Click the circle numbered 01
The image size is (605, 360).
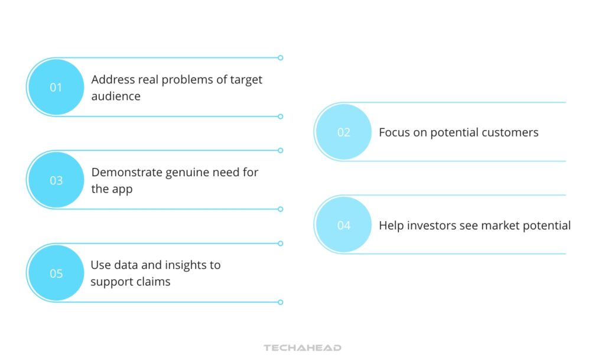pyautogui.click(x=56, y=87)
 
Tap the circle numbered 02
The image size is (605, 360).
pyautogui.click(x=344, y=132)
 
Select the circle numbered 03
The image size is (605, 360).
pyautogui.click(x=56, y=180)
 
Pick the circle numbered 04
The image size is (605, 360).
pyautogui.click(x=344, y=225)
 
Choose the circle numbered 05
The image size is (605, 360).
pyautogui.click(x=56, y=274)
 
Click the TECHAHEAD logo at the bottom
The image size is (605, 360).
pyautogui.click(x=302, y=348)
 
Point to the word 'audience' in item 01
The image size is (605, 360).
pyautogui.click(x=116, y=96)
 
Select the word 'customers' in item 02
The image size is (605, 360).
pyautogui.click(x=510, y=132)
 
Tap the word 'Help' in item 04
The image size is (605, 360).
pyautogui.click(x=390, y=225)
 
